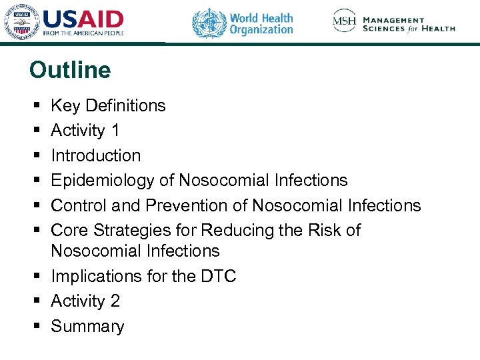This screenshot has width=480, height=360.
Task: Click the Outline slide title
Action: (x=70, y=70)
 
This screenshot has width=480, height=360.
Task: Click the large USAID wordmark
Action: (x=83, y=18)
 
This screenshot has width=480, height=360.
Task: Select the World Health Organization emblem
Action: (x=209, y=23)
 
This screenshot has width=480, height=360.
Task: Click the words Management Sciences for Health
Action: (x=409, y=24)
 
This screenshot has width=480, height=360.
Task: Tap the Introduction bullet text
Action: (x=96, y=155)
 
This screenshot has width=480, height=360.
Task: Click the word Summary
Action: (x=87, y=327)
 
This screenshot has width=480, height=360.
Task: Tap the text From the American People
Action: (x=83, y=33)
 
